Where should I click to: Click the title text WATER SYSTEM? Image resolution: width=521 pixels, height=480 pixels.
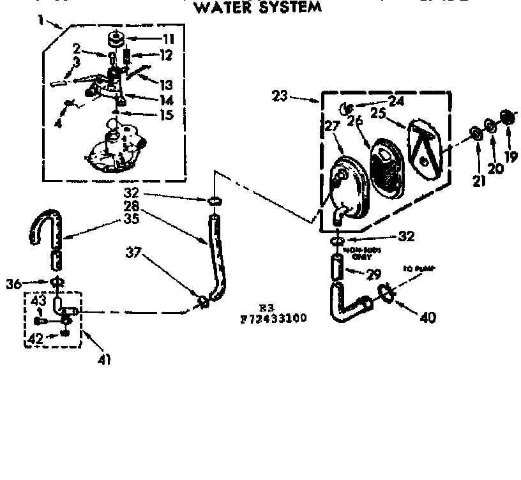click(x=257, y=8)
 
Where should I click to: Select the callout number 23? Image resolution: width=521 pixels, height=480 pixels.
click(x=280, y=97)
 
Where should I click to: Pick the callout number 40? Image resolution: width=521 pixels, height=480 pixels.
click(x=428, y=316)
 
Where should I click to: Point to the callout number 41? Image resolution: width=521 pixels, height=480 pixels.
click(x=104, y=359)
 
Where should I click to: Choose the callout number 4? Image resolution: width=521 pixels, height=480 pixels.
click(x=58, y=123)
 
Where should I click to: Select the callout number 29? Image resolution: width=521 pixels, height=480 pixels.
click(x=373, y=275)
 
